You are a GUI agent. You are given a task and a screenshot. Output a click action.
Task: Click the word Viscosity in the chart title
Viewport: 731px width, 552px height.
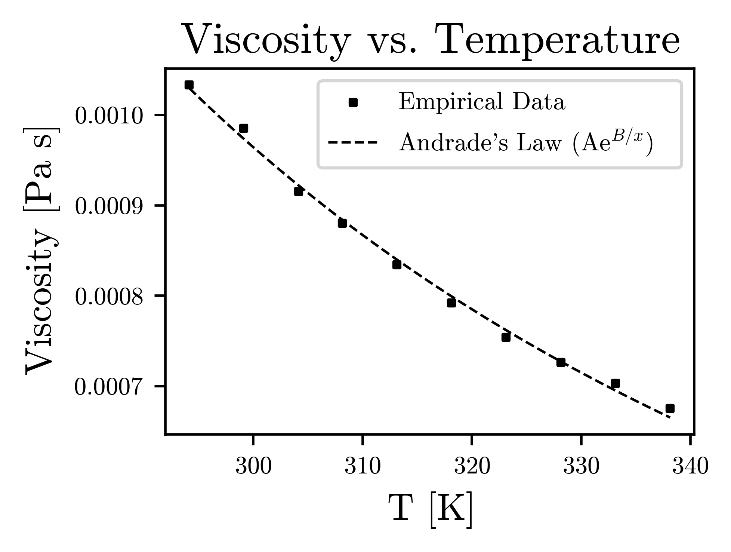click(x=266, y=40)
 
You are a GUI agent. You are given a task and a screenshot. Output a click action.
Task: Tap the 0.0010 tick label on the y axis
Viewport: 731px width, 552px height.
click(x=109, y=116)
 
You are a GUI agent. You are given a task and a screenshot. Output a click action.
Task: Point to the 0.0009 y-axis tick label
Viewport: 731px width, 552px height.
click(x=109, y=207)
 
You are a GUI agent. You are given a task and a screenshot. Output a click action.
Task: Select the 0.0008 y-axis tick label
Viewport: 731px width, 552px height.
click(x=109, y=298)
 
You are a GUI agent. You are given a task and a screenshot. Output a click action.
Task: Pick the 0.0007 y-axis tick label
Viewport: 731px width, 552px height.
click(x=109, y=388)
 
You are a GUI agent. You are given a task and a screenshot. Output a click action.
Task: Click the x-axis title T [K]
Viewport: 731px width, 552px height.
click(x=431, y=510)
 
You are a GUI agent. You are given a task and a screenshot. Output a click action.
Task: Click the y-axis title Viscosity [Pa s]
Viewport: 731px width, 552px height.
click(x=41, y=251)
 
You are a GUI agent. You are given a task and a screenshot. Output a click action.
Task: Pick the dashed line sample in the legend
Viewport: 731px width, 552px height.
click(x=352, y=142)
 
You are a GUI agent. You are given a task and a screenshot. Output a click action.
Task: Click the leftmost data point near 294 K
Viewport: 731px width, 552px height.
click(x=189, y=85)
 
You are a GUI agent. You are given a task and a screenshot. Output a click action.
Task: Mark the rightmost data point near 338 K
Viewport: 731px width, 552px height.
click(x=670, y=408)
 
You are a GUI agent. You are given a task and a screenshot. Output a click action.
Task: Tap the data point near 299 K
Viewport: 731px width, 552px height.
click(x=244, y=128)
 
